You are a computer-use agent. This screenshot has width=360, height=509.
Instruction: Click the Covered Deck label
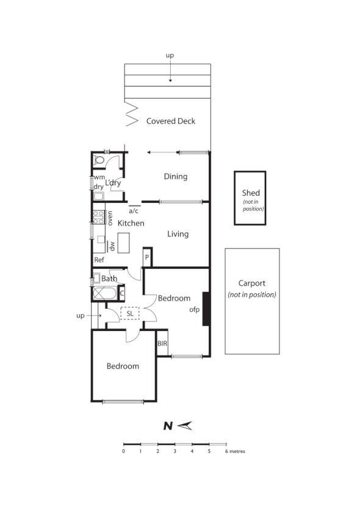[x=171, y=121]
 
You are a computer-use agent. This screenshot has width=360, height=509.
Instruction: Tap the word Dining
[x=176, y=177]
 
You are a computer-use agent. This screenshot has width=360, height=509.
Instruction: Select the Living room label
[x=178, y=234]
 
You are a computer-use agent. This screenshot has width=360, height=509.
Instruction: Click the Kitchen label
[x=131, y=224]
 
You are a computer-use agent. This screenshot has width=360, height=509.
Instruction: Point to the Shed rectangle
[x=250, y=198]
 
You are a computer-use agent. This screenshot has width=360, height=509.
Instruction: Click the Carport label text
[x=252, y=283]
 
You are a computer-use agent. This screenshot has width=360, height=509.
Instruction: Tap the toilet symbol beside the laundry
[x=99, y=160]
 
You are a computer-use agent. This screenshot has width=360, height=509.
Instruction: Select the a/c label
[x=134, y=210]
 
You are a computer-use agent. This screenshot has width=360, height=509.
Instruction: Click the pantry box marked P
[x=147, y=257]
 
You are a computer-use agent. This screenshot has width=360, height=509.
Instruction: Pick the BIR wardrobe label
[x=162, y=344]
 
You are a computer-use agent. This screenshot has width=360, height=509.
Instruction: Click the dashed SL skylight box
[x=130, y=313]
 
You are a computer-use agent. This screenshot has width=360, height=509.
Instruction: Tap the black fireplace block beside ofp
[x=206, y=308]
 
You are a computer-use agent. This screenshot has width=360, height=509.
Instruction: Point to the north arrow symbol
[x=185, y=426]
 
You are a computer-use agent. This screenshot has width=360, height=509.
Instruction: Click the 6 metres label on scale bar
[x=235, y=452]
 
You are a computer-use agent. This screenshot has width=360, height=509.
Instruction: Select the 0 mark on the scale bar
[x=124, y=452]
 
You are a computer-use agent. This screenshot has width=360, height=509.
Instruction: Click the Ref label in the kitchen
[x=99, y=260]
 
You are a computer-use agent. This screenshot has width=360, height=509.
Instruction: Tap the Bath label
[x=110, y=279]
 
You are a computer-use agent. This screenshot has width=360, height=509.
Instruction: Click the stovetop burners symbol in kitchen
[x=98, y=216]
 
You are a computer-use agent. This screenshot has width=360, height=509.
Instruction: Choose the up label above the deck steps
[x=170, y=55]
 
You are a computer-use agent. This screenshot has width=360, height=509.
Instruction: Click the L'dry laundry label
[x=113, y=183]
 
